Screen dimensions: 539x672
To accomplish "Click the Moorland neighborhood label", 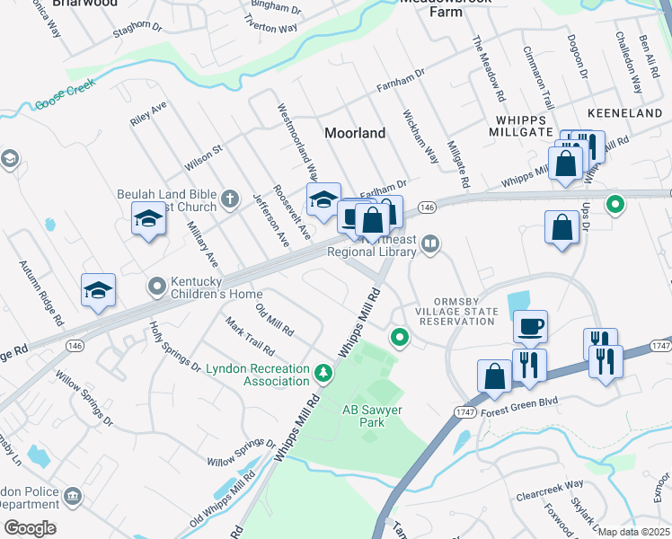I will (x=354, y=133).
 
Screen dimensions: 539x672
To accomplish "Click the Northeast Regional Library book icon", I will (x=431, y=243).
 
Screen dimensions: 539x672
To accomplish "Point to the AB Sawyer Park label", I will (x=369, y=416).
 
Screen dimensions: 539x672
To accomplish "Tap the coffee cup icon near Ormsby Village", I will (x=530, y=325).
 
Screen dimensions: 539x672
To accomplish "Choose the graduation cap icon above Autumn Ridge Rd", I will (x=99, y=289).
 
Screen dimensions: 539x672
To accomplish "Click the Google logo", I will (x=30, y=527).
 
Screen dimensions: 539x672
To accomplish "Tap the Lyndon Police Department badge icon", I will (x=74, y=495).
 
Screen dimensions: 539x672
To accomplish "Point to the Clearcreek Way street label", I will (x=550, y=495).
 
